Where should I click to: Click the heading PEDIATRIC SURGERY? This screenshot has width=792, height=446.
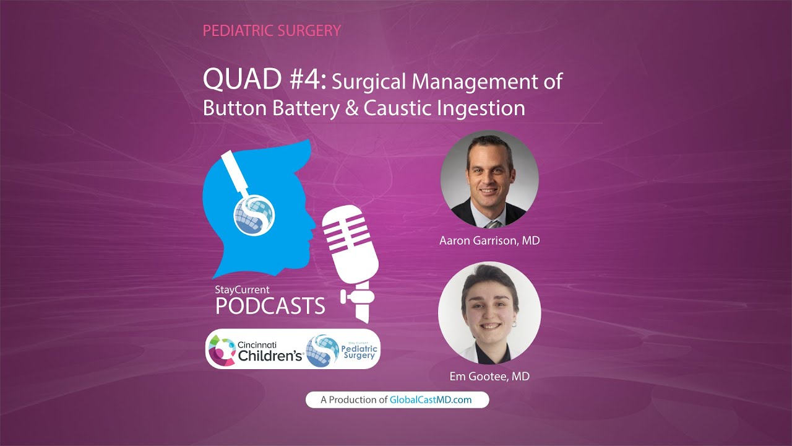pyautogui.click(x=272, y=30)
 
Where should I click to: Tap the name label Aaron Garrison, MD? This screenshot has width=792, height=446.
pyautogui.click(x=489, y=240)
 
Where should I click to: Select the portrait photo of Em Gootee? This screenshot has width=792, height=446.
pyautogui.click(x=489, y=312)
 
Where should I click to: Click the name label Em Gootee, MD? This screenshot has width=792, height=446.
pyautogui.click(x=489, y=376)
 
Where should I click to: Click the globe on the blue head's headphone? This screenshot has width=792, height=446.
pyautogui.click(x=253, y=216)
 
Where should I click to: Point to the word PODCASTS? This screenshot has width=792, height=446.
pyautogui.click(x=270, y=305)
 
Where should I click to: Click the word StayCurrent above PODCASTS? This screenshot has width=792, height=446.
pyautogui.click(x=243, y=289)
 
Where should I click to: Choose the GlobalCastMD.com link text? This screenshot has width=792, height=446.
pyautogui.click(x=431, y=400)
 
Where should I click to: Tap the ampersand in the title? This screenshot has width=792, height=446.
pyautogui.click(x=350, y=108)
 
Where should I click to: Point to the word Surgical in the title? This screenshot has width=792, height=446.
pyautogui.click(x=369, y=82)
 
